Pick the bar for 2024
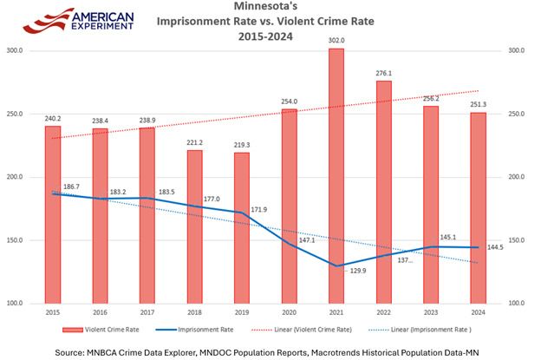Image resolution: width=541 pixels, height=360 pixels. coord(478,207)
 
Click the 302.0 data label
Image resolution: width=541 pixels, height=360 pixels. coord(336,40)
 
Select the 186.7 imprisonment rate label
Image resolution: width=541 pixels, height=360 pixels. coord(72,187)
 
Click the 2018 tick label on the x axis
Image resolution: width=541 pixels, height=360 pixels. coord(194,311)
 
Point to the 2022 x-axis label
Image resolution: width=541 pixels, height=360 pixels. coord(383,311)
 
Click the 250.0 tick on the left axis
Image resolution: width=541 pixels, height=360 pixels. coord(16,115)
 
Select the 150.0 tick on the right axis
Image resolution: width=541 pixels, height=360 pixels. coord(516,240)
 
